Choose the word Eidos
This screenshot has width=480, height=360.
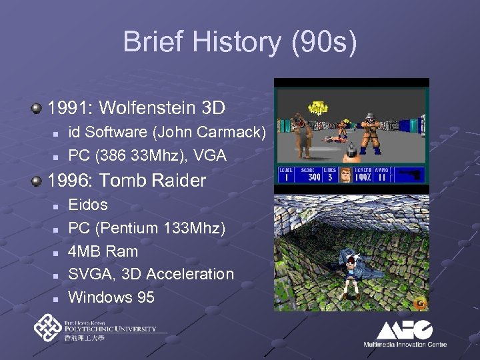(88, 205)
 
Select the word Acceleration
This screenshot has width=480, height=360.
(190, 274)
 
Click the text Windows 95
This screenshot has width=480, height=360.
(111, 297)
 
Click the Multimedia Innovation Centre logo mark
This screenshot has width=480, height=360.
(405, 330)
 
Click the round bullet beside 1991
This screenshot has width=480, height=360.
(40, 107)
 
